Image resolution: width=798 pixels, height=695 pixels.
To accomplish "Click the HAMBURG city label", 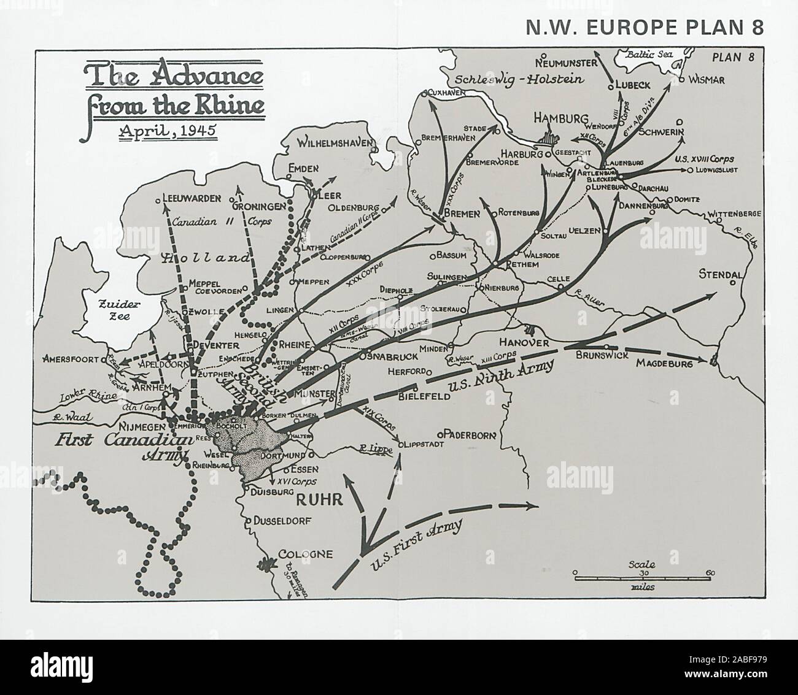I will [x=561, y=119].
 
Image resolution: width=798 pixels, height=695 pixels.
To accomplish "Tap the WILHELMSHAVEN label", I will [x=336, y=144].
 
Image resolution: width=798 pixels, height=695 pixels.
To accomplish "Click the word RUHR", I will [x=319, y=499].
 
